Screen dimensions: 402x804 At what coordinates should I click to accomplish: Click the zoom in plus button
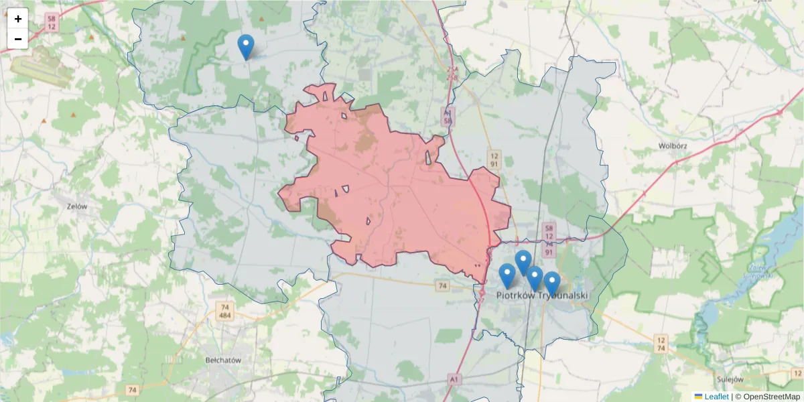click(17, 19)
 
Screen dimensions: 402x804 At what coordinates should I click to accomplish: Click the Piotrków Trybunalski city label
click(542, 295)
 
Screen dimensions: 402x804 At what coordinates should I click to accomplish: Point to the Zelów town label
click(78, 206)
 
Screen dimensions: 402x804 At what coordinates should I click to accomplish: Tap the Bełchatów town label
click(222, 360)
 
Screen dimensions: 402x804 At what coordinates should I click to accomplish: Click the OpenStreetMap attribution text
click(767, 397)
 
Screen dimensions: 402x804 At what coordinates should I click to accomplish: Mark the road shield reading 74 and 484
click(224, 312)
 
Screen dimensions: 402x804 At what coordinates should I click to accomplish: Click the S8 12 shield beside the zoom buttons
click(52, 23)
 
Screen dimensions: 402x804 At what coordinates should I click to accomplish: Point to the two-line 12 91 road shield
click(493, 159)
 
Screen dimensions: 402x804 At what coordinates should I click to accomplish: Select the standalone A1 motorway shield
click(455, 380)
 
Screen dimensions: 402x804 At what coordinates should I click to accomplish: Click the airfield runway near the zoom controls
click(40, 66)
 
